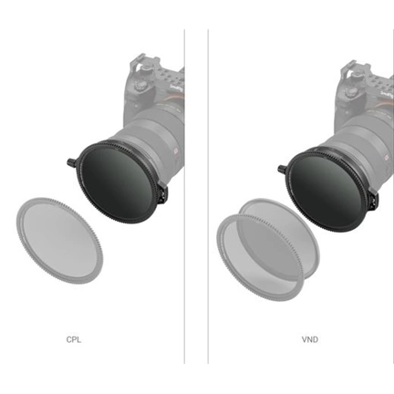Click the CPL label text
point(74,339)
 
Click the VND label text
point(310,339)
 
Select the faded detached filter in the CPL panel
point(58,238)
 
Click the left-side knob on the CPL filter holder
point(72,164)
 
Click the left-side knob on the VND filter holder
point(282,167)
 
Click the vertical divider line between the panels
point(185,196)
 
